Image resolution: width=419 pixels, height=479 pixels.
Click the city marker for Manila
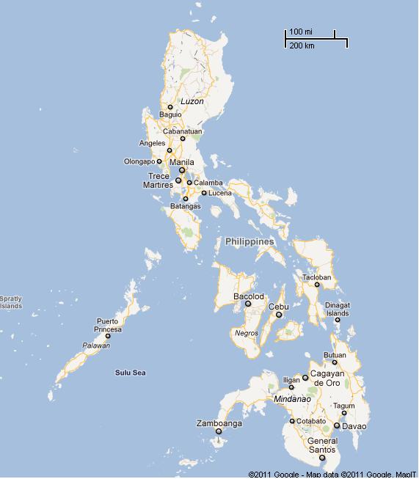tap(182, 170)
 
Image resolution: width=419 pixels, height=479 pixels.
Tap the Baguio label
tap(170, 114)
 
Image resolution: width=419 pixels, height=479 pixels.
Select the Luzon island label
tap(192, 101)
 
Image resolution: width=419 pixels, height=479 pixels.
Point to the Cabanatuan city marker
tap(183, 138)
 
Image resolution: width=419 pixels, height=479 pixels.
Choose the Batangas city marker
tap(186, 198)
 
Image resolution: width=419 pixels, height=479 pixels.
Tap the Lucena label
tap(220, 193)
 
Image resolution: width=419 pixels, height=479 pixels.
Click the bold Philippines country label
tap(249, 241)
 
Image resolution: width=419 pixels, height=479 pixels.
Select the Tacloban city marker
tap(317, 285)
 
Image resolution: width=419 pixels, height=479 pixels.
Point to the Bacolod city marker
tap(248, 303)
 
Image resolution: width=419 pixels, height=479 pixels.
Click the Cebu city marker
tap(279, 315)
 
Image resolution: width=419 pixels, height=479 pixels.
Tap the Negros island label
tap(247, 333)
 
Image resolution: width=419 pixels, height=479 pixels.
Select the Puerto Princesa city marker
tap(108, 336)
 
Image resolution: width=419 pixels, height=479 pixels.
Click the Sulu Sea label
tap(131, 373)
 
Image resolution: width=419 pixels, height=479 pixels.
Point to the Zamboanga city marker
tap(219, 431)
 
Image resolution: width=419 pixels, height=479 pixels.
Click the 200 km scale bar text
tap(302, 45)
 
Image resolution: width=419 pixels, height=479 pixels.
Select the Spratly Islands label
tap(11, 302)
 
